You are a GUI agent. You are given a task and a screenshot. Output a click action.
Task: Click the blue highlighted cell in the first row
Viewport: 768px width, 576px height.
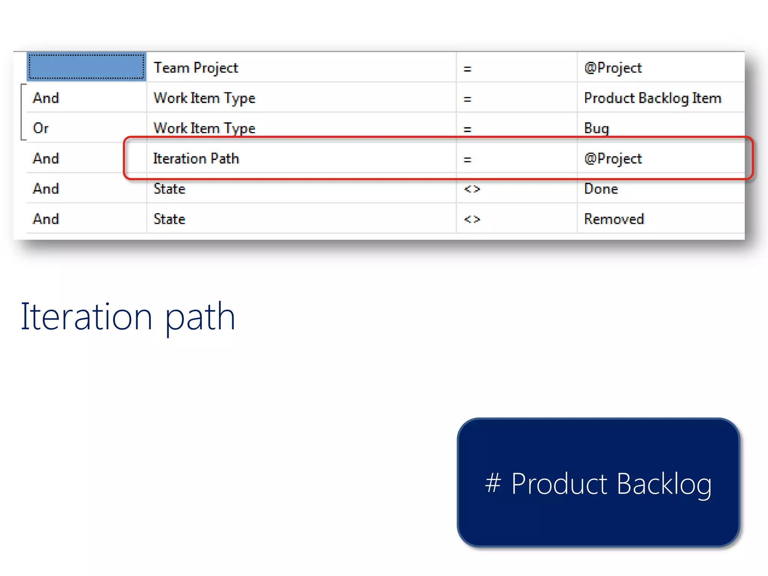[86, 67]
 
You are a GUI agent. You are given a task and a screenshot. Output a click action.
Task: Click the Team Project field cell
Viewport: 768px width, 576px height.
[196, 68]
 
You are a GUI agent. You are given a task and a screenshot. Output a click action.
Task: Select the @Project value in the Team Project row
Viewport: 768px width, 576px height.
[613, 68]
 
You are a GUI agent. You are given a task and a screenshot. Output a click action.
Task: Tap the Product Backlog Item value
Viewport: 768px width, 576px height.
[652, 98]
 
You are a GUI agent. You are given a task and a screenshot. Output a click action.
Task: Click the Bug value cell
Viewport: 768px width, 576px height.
[596, 128]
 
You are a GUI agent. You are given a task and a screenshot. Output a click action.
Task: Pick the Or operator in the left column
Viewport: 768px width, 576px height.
[40, 128]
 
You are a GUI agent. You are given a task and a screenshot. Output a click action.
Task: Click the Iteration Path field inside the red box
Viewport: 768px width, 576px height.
[196, 159]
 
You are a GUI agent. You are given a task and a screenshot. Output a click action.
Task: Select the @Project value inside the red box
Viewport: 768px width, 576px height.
[613, 159]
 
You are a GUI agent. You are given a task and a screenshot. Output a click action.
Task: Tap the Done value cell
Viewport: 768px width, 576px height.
[601, 189]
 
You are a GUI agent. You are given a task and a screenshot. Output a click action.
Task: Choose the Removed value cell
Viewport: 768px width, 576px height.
[614, 219]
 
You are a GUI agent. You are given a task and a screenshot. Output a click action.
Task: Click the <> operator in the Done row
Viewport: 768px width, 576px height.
[472, 189]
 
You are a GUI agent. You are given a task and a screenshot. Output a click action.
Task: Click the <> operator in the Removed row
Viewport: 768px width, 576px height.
[472, 219]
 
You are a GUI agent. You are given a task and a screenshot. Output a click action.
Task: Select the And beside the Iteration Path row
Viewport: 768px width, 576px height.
[46, 159]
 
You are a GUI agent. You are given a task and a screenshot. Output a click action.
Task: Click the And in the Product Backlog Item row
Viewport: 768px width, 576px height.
[46, 98]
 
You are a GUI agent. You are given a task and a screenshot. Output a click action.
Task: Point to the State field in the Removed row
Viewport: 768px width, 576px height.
[169, 219]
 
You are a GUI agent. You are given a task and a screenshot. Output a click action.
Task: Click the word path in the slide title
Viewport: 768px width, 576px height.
[200, 318]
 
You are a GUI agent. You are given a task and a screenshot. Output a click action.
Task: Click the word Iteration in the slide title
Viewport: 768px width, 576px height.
[86, 317]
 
